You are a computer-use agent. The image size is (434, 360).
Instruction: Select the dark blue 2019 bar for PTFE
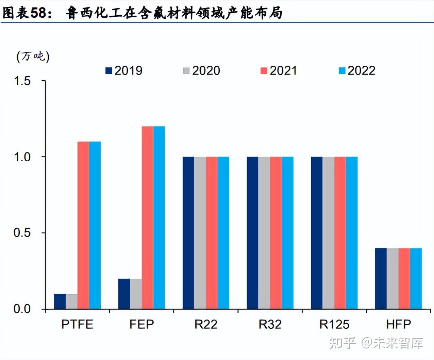60,301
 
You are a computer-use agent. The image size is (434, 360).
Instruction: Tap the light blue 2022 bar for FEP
159,218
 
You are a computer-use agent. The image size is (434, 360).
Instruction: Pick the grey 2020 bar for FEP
136,294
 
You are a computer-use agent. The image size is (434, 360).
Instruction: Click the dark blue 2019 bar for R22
188,233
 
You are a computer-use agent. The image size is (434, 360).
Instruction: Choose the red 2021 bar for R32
276,233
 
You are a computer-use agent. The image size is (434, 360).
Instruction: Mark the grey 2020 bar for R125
328,233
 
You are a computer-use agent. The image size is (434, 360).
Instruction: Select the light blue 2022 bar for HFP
416,279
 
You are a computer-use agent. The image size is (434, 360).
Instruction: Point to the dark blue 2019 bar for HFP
381,279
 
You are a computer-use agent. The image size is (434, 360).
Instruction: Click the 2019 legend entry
124,70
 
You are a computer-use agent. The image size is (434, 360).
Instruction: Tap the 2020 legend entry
202,70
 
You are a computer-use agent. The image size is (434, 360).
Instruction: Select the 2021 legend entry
279,70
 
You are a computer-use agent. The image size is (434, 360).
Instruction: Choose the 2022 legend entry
357,70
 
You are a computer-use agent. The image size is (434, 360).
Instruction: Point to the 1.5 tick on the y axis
22,81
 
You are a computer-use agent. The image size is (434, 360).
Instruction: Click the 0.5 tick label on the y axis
22,233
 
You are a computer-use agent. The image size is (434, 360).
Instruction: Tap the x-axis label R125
334,324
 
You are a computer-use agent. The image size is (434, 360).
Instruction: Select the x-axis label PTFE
77,324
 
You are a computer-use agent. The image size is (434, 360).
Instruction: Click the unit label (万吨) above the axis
33,56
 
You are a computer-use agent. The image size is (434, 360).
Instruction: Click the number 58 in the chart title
38,13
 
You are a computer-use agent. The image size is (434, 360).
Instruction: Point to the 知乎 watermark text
343,343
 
